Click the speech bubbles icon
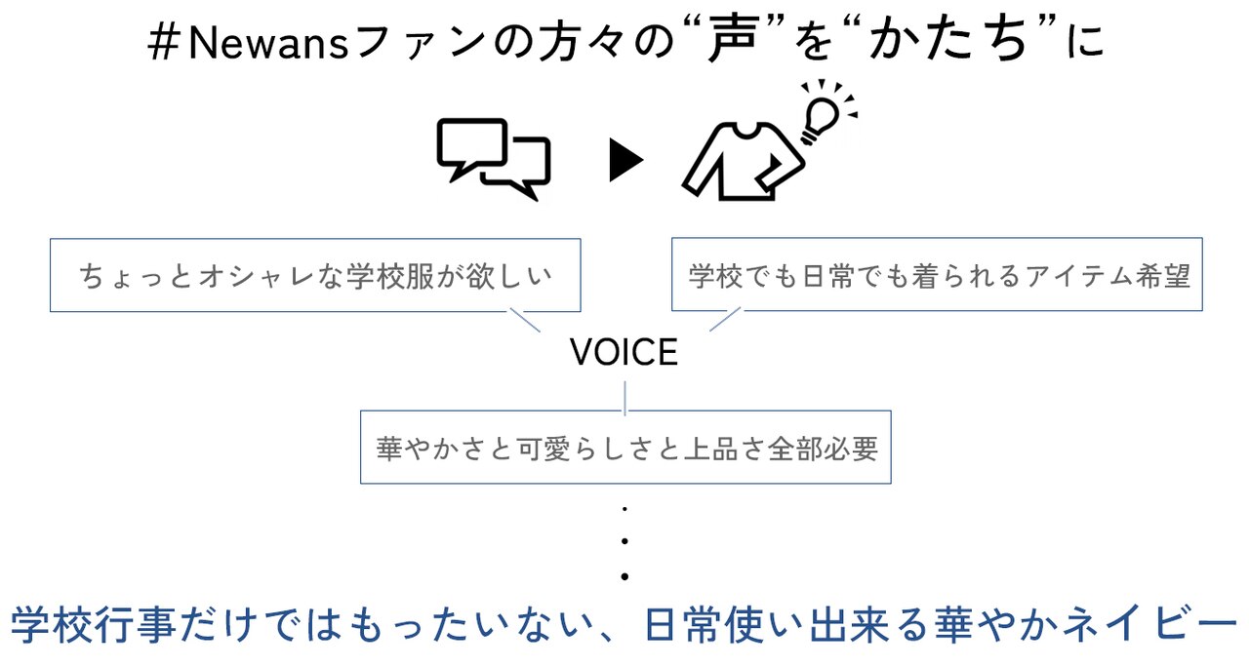tap(494, 159)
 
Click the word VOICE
tap(624, 353)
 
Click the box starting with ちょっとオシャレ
tap(315, 276)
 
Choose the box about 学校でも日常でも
tap(937, 275)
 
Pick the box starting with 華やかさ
tap(625, 448)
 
